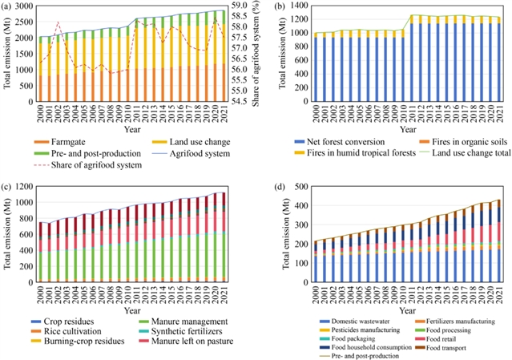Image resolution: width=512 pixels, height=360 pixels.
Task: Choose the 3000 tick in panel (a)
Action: [23, 6]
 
